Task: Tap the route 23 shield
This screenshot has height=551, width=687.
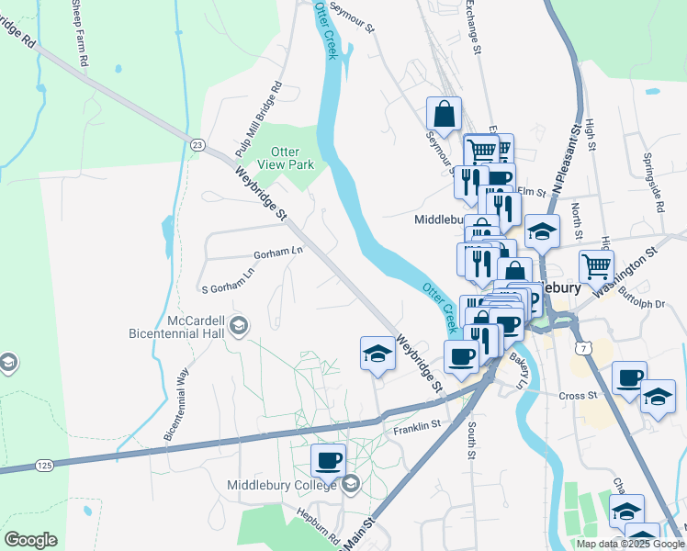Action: pyautogui.click(x=197, y=145)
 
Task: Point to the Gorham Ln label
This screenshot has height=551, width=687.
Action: pyautogui.click(x=278, y=252)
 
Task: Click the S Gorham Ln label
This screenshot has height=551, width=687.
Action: pyautogui.click(x=227, y=288)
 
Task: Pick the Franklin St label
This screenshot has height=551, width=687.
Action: pyautogui.click(x=418, y=426)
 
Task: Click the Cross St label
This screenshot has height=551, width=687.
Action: pyautogui.click(x=578, y=396)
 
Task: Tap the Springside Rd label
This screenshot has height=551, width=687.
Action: pyautogui.click(x=659, y=183)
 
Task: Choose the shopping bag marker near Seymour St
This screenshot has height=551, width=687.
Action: pyautogui.click(x=444, y=114)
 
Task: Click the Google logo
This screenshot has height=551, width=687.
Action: pyautogui.click(x=30, y=540)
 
